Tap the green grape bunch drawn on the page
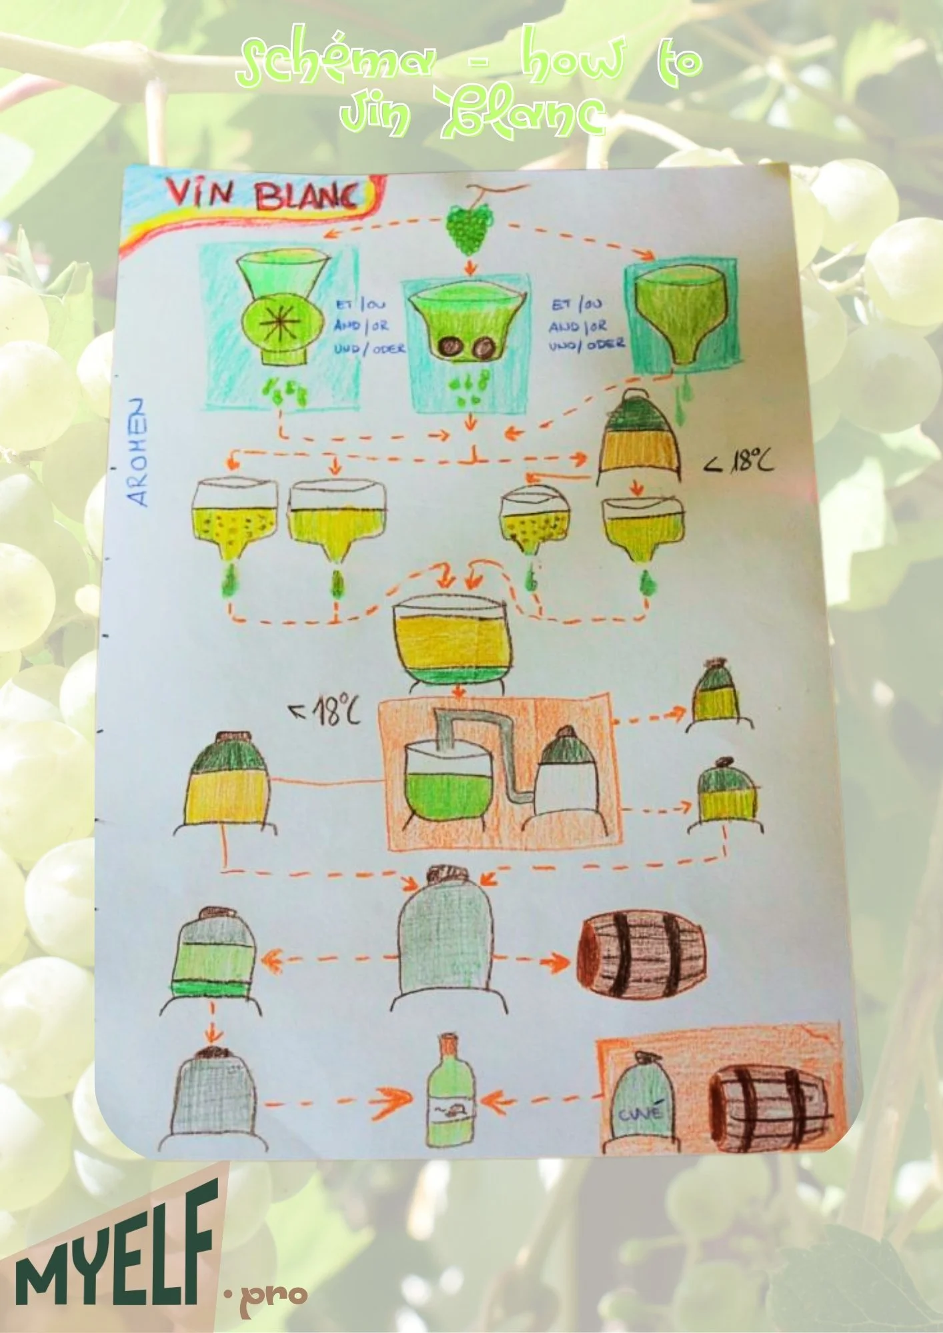(469, 227)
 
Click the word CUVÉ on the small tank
(641, 1112)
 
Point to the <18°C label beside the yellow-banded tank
(740, 461)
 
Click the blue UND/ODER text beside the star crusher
(369, 349)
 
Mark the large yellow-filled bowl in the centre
(449, 635)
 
